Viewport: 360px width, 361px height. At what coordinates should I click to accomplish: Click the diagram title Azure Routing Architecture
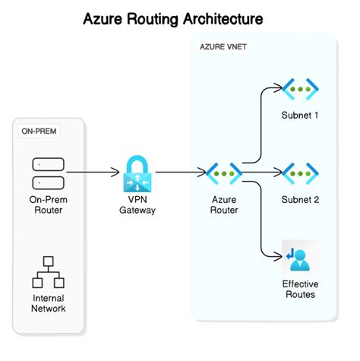coord(179,16)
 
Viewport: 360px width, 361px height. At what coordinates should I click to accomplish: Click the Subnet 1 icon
coord(299,89)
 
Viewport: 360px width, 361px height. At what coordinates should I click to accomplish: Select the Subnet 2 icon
coord(299,173)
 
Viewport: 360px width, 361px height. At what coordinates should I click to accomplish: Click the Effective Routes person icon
coord(299,257)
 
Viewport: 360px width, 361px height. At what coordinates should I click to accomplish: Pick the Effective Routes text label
coord(299,289)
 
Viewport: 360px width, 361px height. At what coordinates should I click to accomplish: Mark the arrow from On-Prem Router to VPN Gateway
coord(93,173)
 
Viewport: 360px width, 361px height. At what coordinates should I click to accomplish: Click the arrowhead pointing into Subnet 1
coord(277,90)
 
